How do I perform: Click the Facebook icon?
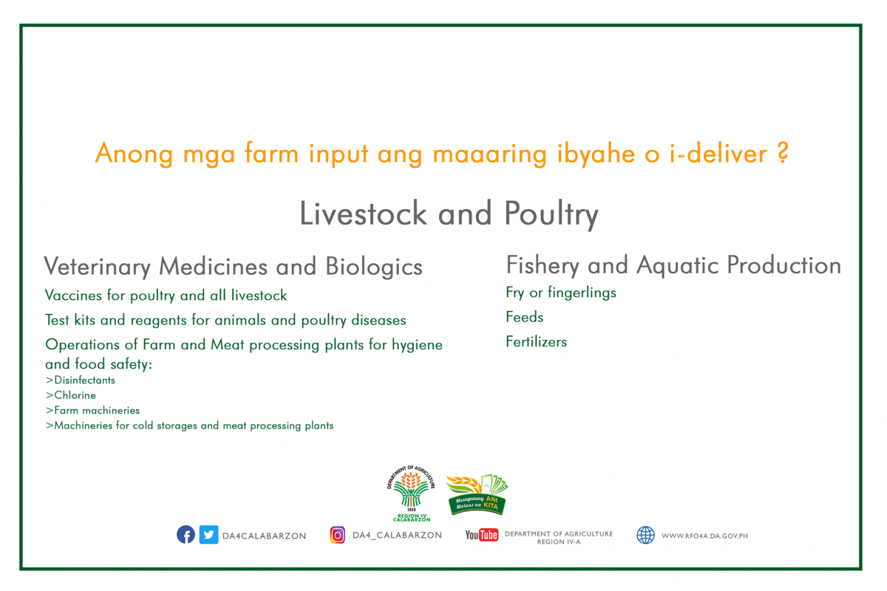[186, 534]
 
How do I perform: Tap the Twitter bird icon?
[208, 534]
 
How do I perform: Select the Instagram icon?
[337, 535]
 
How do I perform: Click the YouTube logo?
[481, 535]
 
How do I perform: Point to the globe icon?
[645, 535]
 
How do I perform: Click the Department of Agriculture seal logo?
[411, 493]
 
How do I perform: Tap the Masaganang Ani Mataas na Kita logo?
[478, 494]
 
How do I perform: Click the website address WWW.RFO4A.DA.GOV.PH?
[705, 536]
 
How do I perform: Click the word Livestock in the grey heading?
[363, 213]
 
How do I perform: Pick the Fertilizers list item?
[536, 341]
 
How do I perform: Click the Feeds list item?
[525, 317]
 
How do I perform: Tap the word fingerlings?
[582, 293]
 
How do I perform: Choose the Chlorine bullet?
[71, 395]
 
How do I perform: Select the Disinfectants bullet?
[81, 380]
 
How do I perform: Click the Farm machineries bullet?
[92, 410]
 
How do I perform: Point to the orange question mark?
[783, 153]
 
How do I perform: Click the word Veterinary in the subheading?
[98, 267]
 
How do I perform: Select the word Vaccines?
[73, 295]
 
